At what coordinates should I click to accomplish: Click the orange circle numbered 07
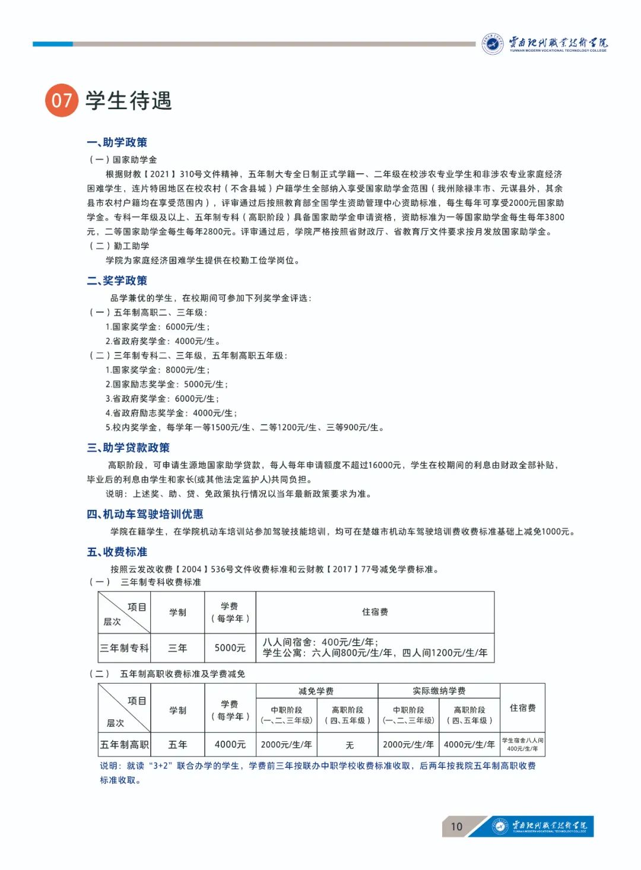(x=61, y=100)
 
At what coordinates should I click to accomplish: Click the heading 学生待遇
(x=129, y=100)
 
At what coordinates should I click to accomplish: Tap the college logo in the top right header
(x=545, y=43)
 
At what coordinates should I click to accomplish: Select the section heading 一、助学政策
(x=117, y=142)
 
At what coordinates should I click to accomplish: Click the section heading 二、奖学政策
(x=117, y=281)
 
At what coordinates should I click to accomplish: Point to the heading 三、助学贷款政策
(x=128, y=447)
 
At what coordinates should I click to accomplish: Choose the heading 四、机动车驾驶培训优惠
(x=145, y=514)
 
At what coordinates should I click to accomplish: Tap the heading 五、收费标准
(x=117, y=552)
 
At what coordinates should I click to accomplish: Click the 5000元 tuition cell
(x=230, y=648)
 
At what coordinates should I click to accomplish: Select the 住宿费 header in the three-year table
(x=375, y=612)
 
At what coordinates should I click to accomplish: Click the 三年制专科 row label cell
(x=124, y=648)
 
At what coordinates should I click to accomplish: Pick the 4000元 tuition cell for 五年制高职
(x=230, y=744)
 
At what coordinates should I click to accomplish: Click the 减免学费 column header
(x=316, y=691)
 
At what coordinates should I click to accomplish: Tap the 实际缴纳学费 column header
(x=439, y=691)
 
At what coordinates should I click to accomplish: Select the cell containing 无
(x=349, y=745)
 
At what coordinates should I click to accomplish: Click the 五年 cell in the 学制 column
(x=177, y=744)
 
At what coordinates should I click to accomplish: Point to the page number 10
(x=456, y=827)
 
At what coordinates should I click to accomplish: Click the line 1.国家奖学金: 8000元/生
(x=157, y=370)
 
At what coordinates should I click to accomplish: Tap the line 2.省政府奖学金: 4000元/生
(x=162, y=341)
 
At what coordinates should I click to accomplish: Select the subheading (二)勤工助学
(x=119, y=246)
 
